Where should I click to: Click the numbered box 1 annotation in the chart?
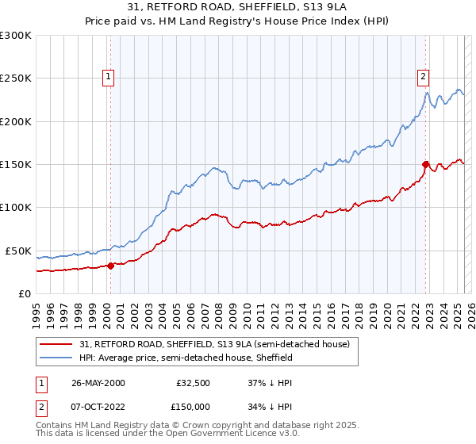(109, 77)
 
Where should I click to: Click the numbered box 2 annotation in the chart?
(423, 77)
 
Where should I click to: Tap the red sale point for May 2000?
(111, 266)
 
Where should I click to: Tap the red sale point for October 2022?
(426, 165)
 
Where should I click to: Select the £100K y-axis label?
(16, 207)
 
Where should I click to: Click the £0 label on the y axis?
(25, 293)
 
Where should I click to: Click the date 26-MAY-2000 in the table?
(98, 382)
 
